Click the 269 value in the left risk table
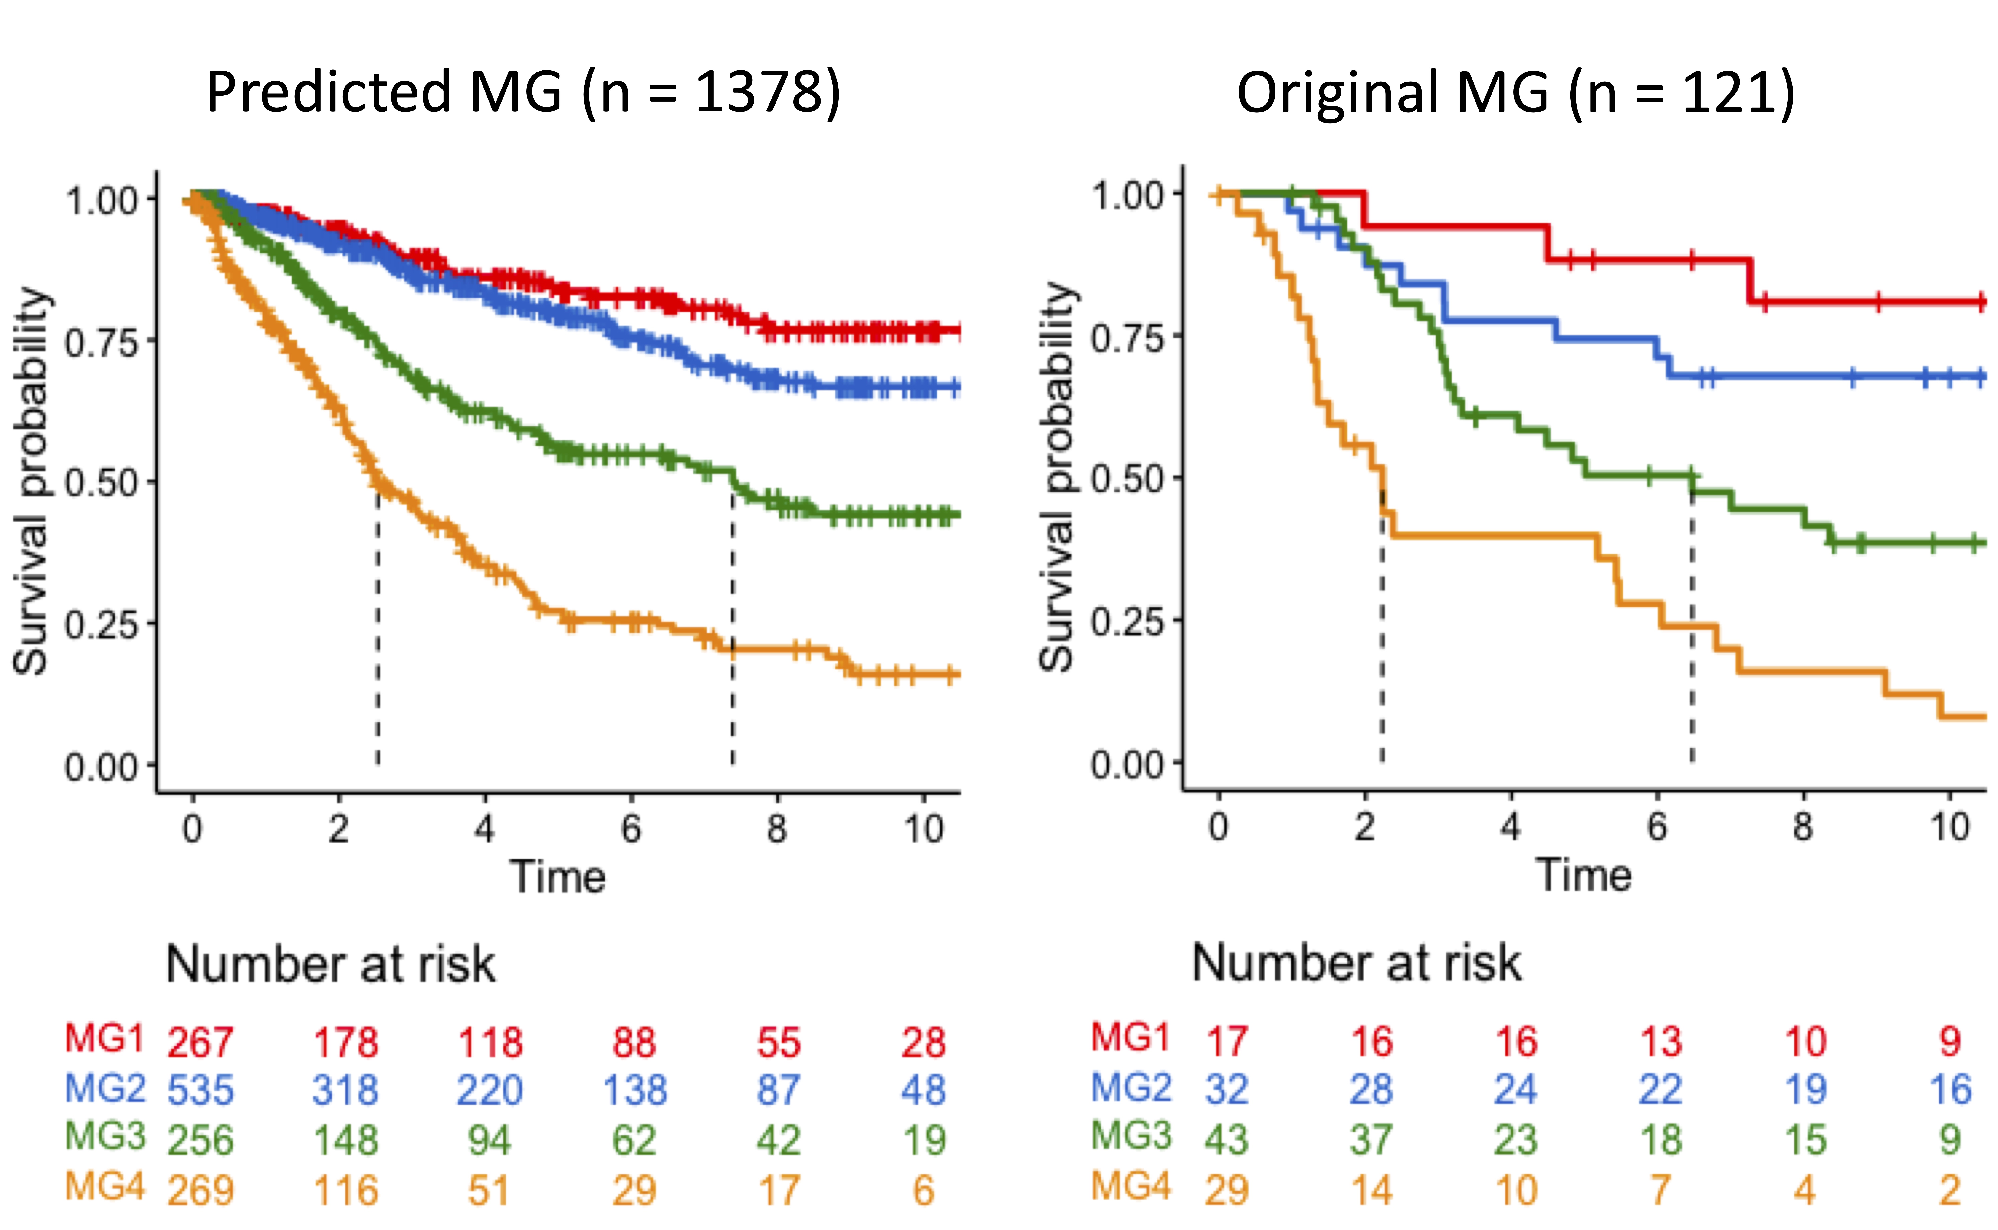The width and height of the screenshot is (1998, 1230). pyautogui.click(x=200, y=1190)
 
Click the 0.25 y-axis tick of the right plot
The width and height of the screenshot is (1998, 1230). pyautogui.click(x=1127, y=622)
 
